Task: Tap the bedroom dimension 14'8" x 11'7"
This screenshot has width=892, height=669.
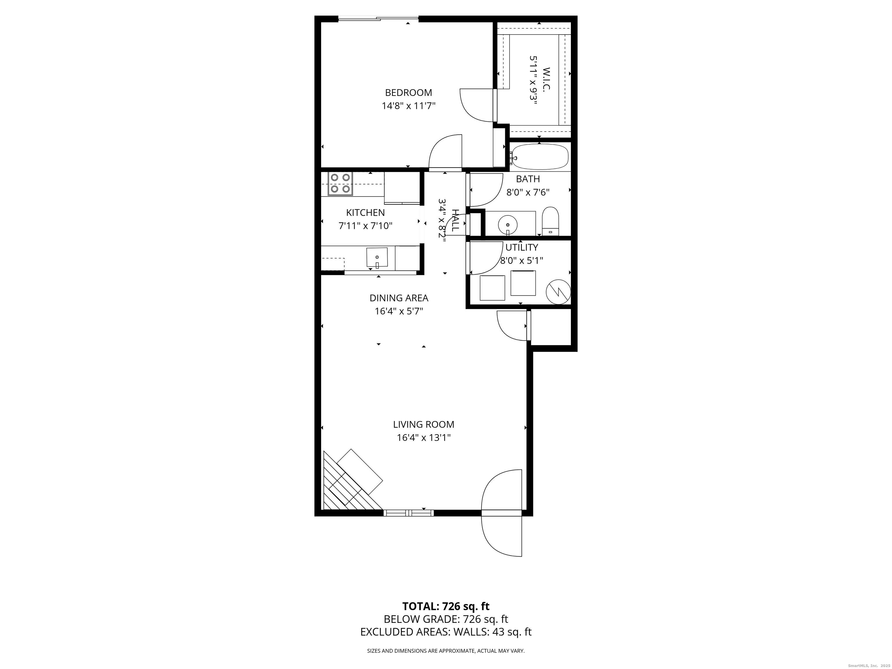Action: pyautogui.click(x=409, y=106)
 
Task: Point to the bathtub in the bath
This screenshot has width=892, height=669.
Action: pyautogui.click(x=539, y=157)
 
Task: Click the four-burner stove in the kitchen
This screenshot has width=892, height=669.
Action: pyautogui.click(x=340, y=184)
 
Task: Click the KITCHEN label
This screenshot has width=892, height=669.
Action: pyautogui.click(x=365, y=213)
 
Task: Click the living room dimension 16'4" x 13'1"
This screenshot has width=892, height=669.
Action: pyautogui.click(x=423, y=438)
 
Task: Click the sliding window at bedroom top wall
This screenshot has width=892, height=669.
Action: pyautogui.click(x=378, y=18)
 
